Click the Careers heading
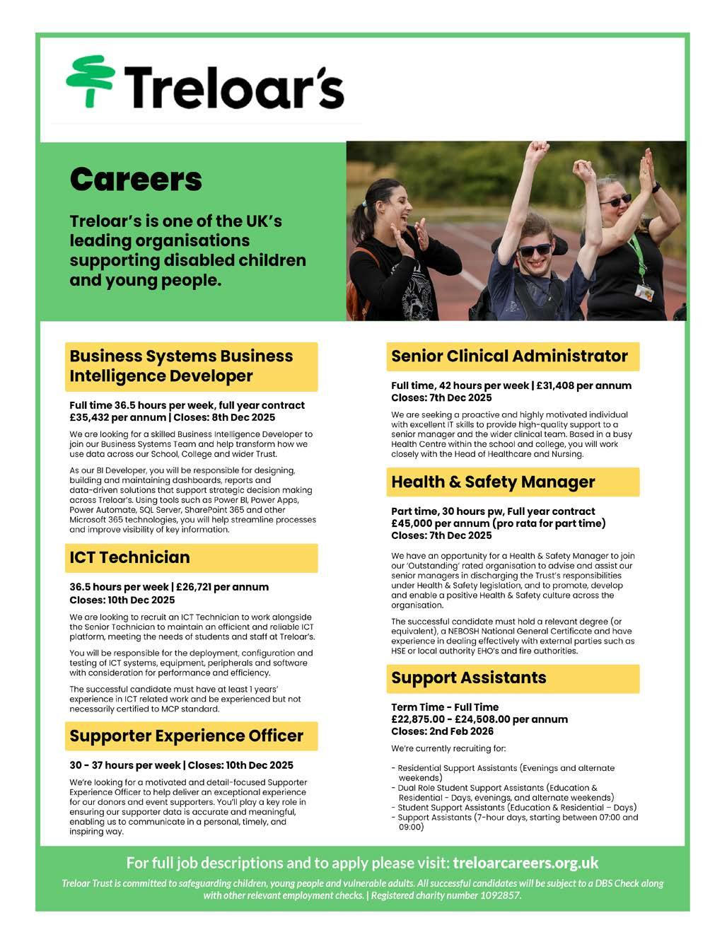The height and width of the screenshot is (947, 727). pos(135,180)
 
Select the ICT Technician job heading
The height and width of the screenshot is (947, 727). pos(129,557)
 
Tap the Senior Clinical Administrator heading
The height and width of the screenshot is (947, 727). pos(509,356)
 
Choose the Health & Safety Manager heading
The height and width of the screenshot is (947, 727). pos(493,482)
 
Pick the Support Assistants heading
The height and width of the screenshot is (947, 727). pos(468,678)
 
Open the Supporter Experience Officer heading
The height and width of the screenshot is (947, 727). pos(186,736)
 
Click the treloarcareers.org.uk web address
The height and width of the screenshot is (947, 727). pos(525,863)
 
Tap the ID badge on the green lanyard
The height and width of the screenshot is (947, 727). pos(643,291)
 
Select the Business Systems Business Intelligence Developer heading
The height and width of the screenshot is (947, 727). pos(181,366)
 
